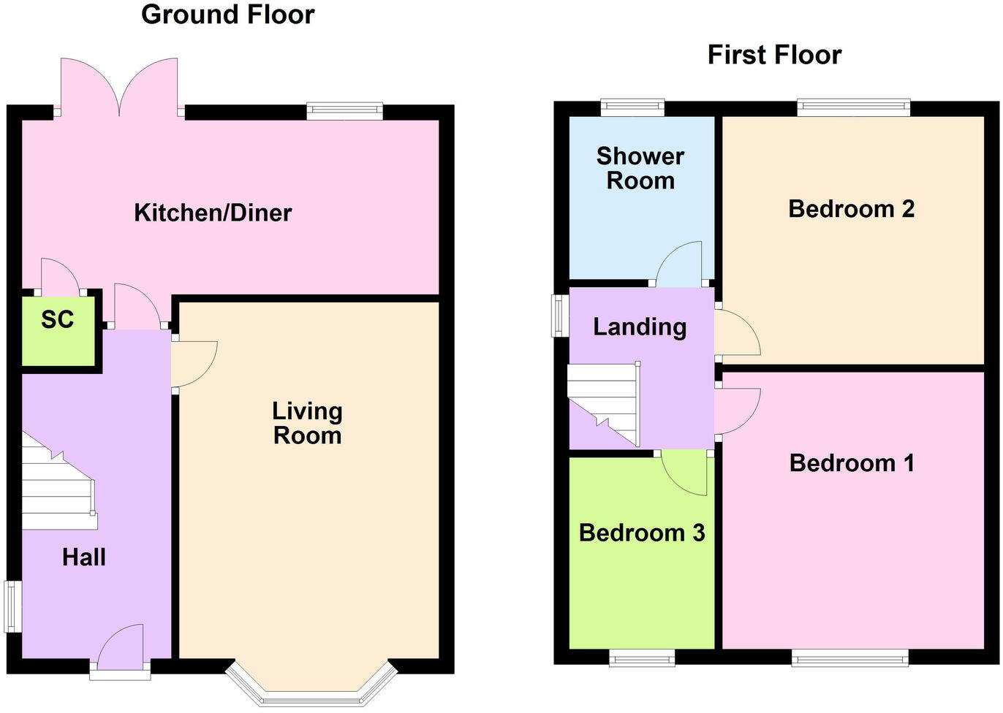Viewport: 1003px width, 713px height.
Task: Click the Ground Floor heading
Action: click(x=227, y=15)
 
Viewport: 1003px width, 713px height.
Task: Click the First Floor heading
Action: click(x=774, y=55)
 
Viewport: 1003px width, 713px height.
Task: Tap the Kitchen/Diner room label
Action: click(x=213, y=213)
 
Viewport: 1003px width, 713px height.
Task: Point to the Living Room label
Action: click(x=307, y=423)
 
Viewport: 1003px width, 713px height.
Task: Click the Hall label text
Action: click(x=84, y=557)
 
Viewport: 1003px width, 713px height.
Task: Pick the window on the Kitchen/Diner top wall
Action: click(x=344, y=110)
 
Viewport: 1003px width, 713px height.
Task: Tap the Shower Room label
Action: click(x=640, y=168)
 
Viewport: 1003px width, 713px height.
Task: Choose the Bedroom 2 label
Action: click(x=852, y=209)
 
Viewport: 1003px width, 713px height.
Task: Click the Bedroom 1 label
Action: click(x=852, y=463)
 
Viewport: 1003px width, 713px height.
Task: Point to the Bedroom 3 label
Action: click(x=642, y=533)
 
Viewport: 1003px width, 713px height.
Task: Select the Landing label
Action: click(x=640, y=327)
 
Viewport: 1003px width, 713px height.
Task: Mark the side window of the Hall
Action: click(x=13, y=606)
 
